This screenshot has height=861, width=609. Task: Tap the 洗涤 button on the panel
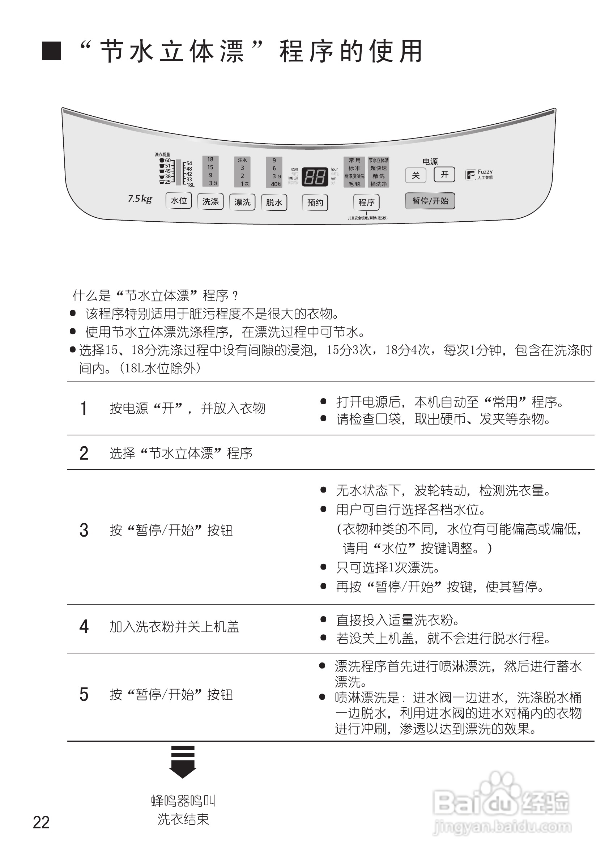(x=210, y=201)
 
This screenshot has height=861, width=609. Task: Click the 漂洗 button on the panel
(x=242, y=202)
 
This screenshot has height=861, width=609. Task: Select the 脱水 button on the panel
(x=274, y=203)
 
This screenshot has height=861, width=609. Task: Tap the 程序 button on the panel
(x=366, y=202)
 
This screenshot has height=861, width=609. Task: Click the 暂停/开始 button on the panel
(x=430, y=201)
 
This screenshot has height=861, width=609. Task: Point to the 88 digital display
(x=315, y=176)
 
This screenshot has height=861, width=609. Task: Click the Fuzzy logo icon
(x=470, y=175)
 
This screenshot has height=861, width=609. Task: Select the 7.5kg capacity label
(x=140, y=199)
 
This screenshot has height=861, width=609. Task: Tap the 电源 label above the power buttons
(x=430, y=162)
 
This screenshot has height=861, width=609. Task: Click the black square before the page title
(x=51, y=51)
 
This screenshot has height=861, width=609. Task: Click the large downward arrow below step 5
(x=183, y=762)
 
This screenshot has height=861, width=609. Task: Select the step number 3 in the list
(x=84, y=530)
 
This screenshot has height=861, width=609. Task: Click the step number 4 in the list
(x=84, y=627)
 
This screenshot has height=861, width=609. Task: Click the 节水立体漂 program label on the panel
(x=378, y=161)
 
